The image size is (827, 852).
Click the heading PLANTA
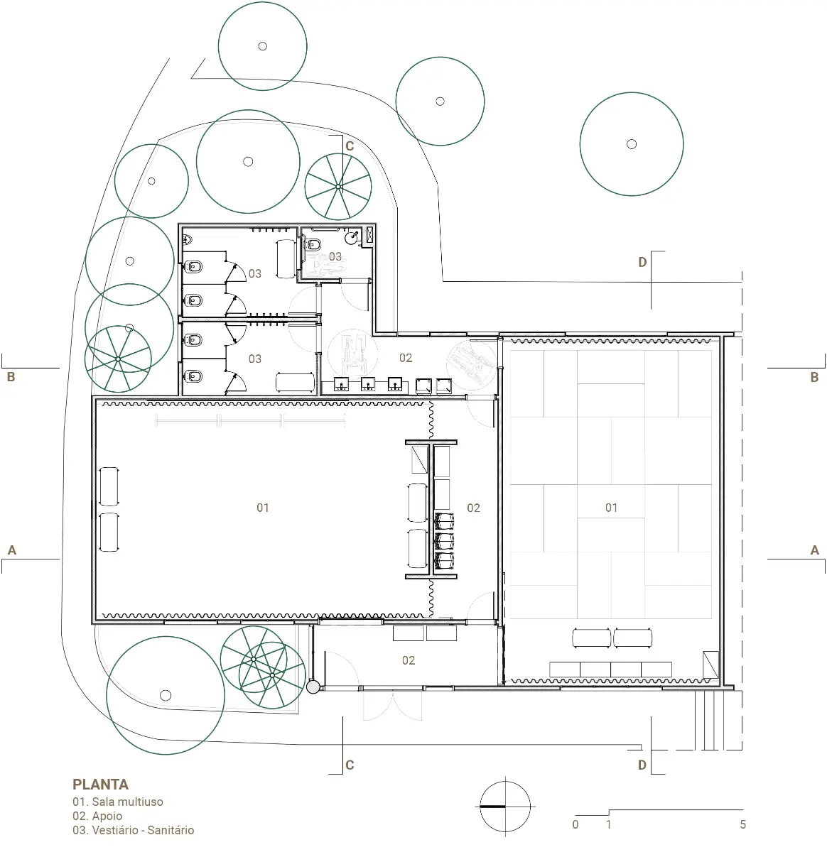100,784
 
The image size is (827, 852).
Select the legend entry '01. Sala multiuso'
118,802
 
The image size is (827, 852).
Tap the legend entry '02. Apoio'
97,816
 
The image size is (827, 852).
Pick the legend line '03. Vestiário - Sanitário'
133,830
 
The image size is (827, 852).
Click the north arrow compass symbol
505,806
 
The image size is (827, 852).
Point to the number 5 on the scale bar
743,824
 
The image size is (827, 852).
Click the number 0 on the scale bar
575,824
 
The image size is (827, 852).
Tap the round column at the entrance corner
313,687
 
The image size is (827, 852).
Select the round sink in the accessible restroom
352,238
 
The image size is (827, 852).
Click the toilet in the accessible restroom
313,244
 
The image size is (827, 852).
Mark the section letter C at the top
350,146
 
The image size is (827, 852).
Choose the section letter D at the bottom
642,765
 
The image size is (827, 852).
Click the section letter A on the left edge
12,550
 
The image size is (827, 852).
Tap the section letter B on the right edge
814,377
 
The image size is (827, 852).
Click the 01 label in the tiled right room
611,508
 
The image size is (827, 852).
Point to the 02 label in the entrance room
409,660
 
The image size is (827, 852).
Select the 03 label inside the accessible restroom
335,256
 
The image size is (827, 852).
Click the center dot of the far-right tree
632,144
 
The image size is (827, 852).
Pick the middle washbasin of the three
368,384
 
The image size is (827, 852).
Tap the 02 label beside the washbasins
406,358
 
